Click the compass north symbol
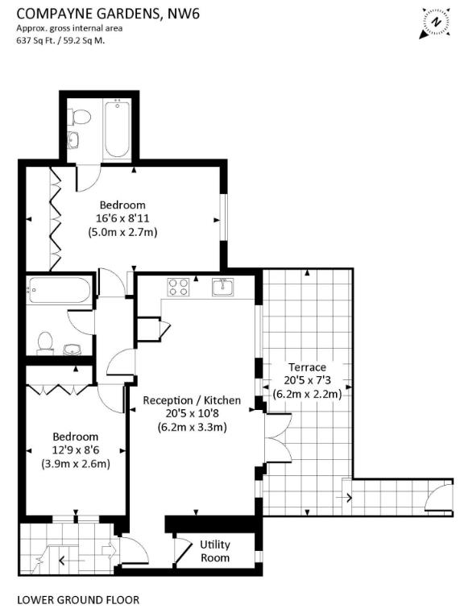(436, 23)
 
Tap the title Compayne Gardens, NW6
(108, 14)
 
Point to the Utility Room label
(215, 551)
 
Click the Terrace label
(307, 367)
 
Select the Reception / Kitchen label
(192, 400)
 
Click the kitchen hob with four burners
(178, 287)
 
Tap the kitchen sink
(223, 287)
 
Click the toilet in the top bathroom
(79, 117)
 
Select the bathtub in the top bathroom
(117, 129)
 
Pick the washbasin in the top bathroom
(73, 140)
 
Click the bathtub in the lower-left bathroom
(60, 290)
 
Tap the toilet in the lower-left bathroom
(45, 343)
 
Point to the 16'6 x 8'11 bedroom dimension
(122, 218)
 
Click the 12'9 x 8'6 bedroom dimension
(76, 450)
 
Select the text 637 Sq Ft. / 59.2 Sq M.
(60, 40)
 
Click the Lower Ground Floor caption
(78, 599)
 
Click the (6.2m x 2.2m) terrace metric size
(307, 394)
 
